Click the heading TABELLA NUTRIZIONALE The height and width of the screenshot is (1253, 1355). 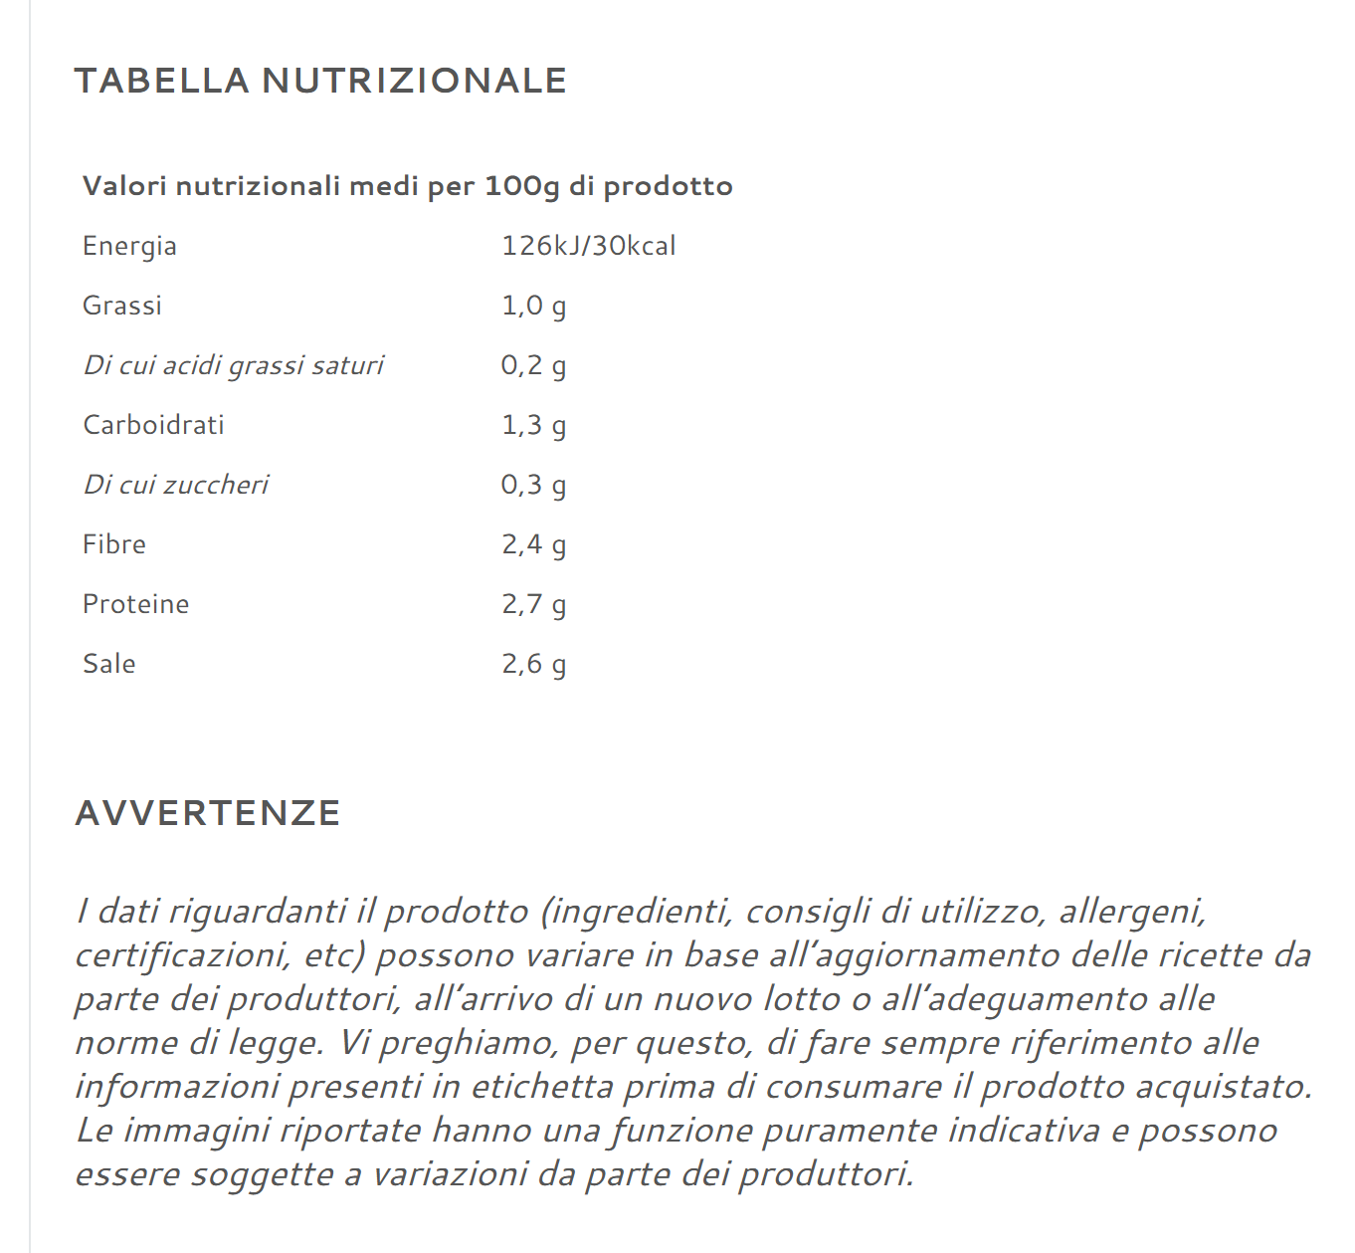[320, 81]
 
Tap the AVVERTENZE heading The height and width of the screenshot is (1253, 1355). [208, 813]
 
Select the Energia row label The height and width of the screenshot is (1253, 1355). [129, 246]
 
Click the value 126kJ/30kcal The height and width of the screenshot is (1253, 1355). [588, 246]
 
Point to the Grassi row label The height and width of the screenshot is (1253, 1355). [121, 306]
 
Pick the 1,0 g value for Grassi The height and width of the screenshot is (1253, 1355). [533, 306]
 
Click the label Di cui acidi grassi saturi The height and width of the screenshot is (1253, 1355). [233, 365]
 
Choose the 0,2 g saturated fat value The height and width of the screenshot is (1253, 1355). [533, 365]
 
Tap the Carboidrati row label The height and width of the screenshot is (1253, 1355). [153, 425]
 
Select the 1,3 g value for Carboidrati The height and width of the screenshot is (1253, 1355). [533, 425]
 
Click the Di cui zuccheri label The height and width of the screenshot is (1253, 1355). [175, 485]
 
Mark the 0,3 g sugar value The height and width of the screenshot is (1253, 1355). [533, 485]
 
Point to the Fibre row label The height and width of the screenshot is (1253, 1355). [113, 544]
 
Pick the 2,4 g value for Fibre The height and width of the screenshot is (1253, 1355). [533, 544]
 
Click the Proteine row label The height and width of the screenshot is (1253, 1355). [135, 604]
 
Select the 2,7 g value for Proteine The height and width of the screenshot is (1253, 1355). [533, 604]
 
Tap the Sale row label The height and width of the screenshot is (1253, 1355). [108, 664]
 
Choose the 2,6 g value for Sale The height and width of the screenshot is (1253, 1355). [533, 664]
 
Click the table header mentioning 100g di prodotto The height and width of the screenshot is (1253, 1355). [407, 186]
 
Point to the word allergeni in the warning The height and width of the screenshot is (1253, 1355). [1131, 911]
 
